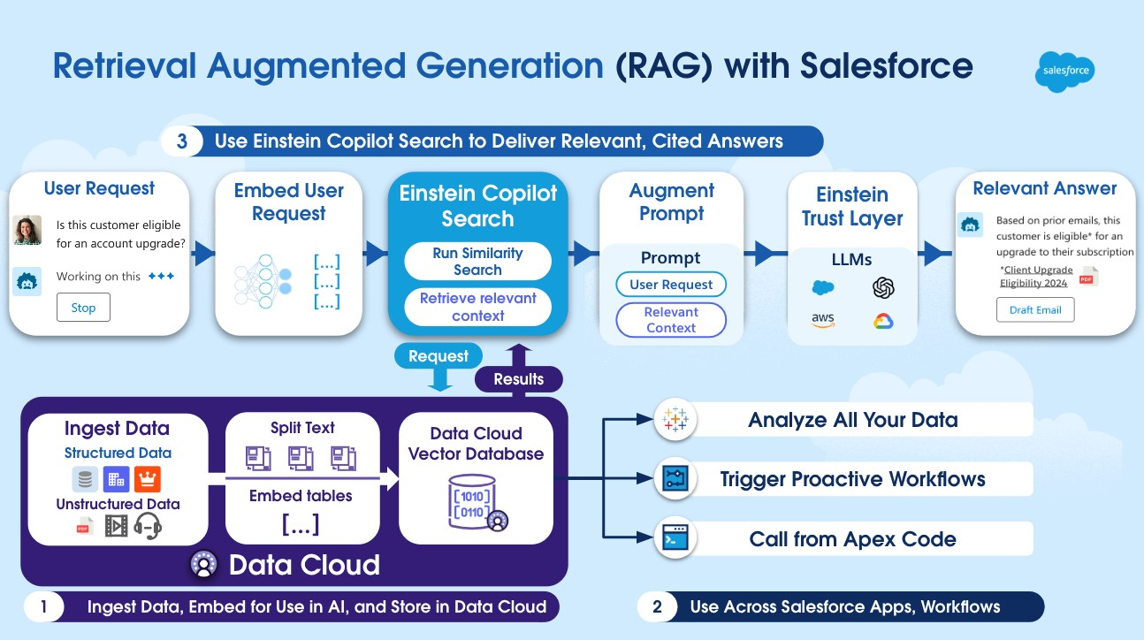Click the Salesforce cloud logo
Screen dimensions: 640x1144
click(1064, 72)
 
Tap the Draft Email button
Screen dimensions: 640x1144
click(1035, 310)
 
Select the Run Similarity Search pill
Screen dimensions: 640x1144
click(477, 262)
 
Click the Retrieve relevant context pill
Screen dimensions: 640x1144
click(477, 307)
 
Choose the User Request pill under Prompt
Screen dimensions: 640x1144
click(671, 285)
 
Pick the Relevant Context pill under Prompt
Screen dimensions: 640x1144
click(671, 320)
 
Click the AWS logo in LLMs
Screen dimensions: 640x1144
click(823, 320)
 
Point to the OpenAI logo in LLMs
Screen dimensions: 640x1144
click(883, 288)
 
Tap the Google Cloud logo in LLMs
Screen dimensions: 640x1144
click(883, 321)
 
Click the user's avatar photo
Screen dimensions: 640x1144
click(27, 231)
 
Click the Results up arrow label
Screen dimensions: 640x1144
click(519, 379)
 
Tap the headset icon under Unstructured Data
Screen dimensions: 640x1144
click(148, 526)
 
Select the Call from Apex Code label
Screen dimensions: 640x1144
click(852, 539)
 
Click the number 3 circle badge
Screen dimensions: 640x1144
click(181, 141)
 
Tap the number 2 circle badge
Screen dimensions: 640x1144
click(657, 607)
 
